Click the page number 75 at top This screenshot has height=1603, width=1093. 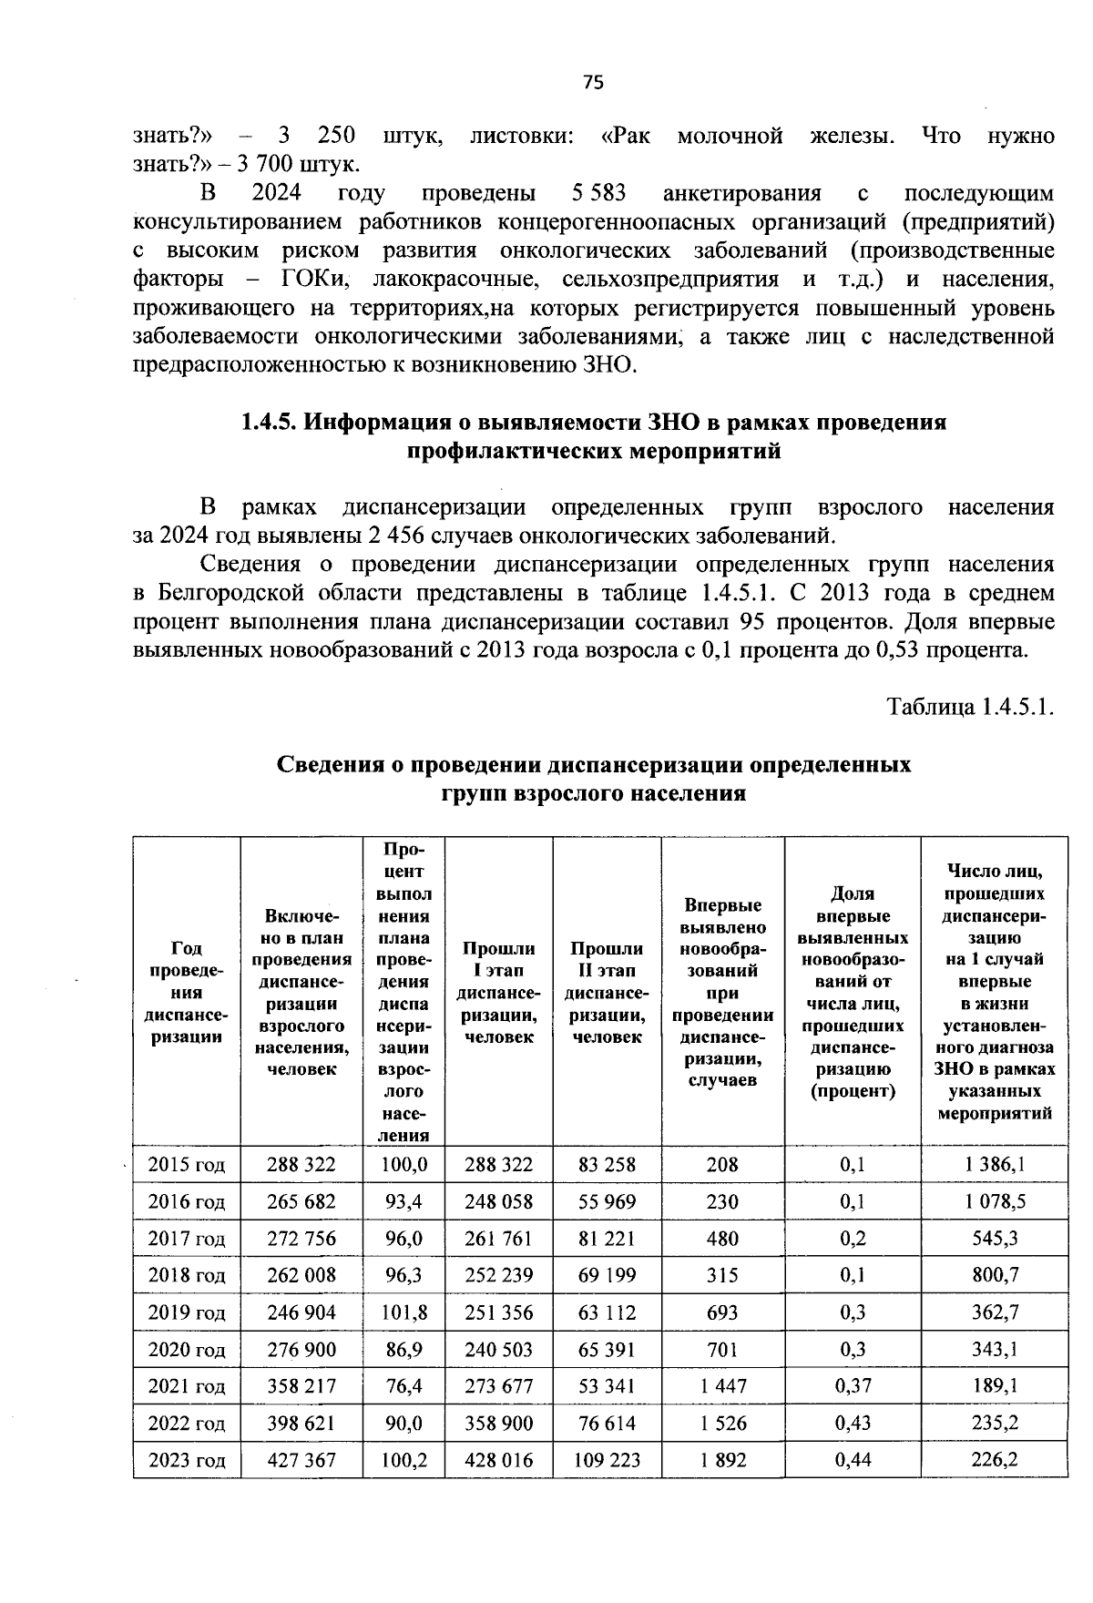point(592,83)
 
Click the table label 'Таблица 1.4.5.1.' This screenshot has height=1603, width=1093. point(971,707)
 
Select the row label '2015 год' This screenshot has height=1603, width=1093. point(187,1164)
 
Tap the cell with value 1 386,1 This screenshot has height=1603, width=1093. point(995,1164)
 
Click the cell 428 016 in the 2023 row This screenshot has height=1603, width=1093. point(498,1461)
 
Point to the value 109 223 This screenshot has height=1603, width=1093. point(607,1461)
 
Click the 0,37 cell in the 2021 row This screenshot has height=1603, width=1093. point(853,1386)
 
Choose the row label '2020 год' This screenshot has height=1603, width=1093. point(187,1350)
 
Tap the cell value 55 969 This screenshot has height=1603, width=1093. point(607,1201)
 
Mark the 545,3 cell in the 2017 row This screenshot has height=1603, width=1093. point(995,1239)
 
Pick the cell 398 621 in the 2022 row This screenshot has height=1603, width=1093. point(301,1424)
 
